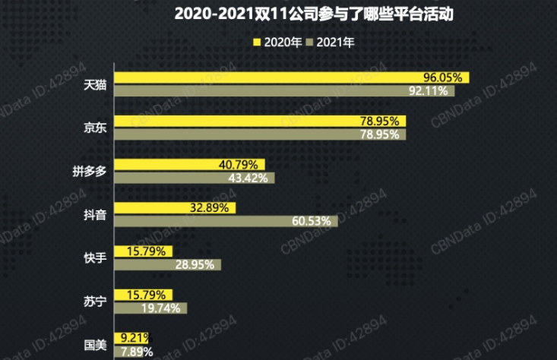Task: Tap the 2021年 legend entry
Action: (x=329, y=43)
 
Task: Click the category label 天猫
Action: (x=95, y=84)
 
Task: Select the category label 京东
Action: (x=95, y=128)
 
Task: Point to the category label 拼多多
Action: (x=90, y=171)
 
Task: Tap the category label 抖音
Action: (x=95, y=214)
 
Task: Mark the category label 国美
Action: (x=95, y=345)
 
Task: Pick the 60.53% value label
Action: (x=313, y=221)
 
